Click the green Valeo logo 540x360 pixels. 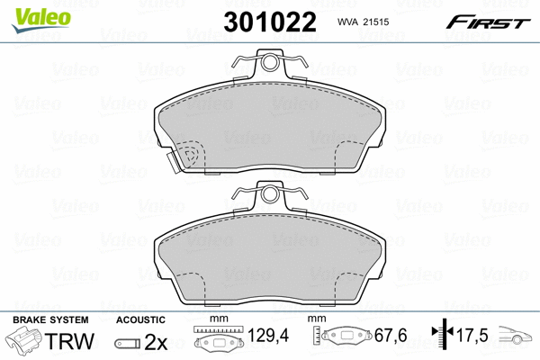point(41,21)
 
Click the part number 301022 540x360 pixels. point(270,22)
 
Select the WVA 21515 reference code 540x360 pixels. point(363,22)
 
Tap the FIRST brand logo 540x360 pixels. point(488,22)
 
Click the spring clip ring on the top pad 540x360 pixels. point(269,62)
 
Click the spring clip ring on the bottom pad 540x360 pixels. point(269,194)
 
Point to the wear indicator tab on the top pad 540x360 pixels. point(174,162)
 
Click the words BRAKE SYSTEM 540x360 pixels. point(50,319)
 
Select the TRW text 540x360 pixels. point(69,341)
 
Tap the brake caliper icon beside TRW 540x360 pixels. point(23,338)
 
